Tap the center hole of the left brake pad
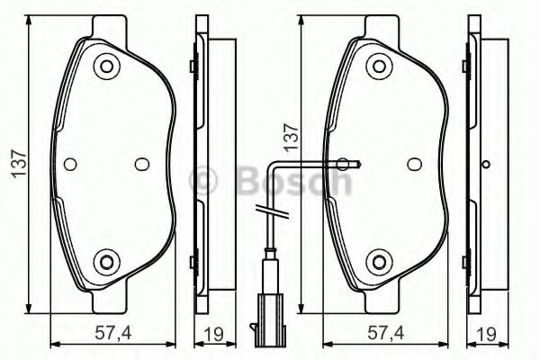click(141, 164)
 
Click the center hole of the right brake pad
click(413, 164)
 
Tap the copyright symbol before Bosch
click(206, 181)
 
